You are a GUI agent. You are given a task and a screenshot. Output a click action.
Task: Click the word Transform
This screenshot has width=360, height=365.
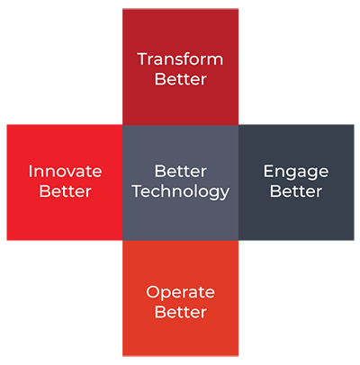pos(180,59)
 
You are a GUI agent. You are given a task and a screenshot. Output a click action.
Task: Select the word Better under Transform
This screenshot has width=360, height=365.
pos(181,79)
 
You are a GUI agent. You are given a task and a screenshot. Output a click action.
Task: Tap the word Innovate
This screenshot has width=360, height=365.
pos(65,171)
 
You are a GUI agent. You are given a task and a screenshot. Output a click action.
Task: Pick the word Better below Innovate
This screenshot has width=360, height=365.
pos(65,191)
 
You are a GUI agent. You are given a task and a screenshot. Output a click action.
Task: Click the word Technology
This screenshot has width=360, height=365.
pos(181,192)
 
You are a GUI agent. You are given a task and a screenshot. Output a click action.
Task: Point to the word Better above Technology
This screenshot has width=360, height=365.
pos(181,171)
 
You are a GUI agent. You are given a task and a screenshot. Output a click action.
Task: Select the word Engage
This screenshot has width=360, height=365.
pos(296,173)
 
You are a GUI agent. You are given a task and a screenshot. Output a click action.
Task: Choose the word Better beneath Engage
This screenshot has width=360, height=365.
pos(296,191)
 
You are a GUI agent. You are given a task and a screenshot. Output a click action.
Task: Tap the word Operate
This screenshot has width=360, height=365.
pos(181,293)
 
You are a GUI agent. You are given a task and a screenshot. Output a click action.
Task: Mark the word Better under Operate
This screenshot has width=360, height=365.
pos(181,312)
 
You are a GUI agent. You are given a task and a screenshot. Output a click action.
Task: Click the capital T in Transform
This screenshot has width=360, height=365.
pos(143,59)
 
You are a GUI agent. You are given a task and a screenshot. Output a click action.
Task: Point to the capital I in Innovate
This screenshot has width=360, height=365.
pos(30,171)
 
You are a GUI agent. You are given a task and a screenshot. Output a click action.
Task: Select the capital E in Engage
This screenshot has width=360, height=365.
pos(269,171)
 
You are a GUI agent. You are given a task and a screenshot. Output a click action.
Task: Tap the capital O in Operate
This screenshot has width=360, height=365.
pos(153,292)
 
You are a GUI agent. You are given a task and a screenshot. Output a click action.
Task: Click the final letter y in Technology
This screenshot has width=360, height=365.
pos(224,194)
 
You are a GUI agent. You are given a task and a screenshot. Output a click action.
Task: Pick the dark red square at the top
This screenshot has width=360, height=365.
pos(181,67)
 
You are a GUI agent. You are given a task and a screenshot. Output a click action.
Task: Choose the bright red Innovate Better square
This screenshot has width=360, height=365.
pos(65,182)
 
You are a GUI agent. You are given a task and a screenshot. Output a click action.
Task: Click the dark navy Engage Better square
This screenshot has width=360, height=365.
pos(296,182)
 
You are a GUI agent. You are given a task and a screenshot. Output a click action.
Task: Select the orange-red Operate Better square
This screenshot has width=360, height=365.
pos(181,298)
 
